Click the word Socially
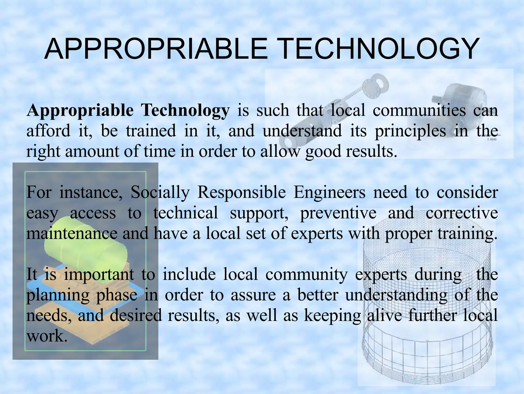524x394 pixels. (x=160, y=193)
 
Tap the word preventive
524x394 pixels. (x=338, y=213)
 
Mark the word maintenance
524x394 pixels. (x=72, y=234)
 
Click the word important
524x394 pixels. (x=99, y=275)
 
